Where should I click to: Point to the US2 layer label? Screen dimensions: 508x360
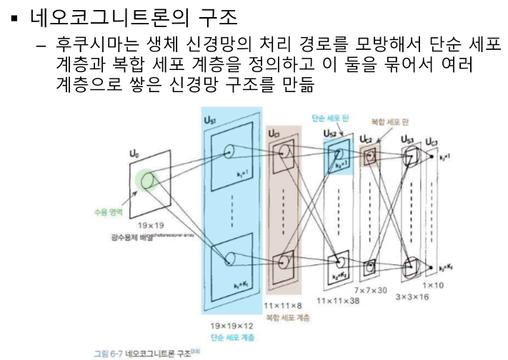[x=332, y=133]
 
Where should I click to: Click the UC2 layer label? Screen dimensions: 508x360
[x=369, y=137]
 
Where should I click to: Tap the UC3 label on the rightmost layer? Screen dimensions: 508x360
[x=433, y=141]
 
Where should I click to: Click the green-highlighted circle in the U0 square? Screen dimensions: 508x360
[x=148, y=181]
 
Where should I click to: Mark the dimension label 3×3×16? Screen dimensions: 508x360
[x=412, y=295]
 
